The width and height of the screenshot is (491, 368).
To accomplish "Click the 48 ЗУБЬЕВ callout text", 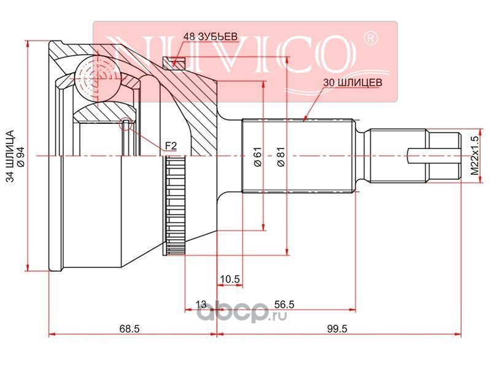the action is pos(211,37).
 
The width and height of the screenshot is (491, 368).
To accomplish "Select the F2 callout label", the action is pos(171,146).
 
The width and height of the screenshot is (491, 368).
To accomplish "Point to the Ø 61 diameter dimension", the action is pos(257,156).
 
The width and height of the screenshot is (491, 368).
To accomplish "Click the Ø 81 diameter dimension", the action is pos(281,156).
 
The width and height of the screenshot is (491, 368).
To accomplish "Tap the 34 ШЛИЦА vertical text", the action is pos(10,156).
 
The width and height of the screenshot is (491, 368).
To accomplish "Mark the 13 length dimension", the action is pos(201,304).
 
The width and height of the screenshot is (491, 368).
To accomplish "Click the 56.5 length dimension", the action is pos(284,304).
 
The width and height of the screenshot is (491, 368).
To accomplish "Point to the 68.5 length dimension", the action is pos(130,329).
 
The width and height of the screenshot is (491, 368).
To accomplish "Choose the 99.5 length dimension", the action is pos(337,329).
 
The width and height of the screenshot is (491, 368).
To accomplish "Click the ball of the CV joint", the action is pos(98,79).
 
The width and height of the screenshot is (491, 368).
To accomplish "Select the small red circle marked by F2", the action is pos(126,124).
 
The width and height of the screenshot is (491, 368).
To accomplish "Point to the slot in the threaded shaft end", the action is pos(434,156).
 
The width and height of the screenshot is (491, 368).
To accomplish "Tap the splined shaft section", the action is pos(298,156).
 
